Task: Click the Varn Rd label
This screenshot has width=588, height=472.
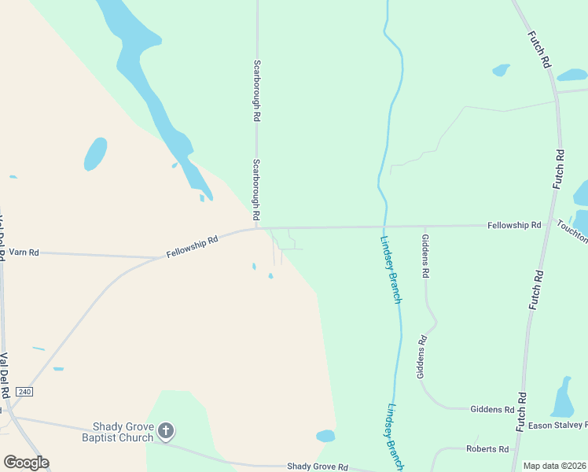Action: tap(24, 253)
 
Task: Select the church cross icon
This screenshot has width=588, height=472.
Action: tap(165, 430)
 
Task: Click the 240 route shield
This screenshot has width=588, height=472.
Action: tap(24, 392)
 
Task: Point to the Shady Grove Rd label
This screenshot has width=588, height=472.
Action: tap(317, 466)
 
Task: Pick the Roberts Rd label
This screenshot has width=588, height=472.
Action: tap(487, 448)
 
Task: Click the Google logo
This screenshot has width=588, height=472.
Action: tap(26, 462)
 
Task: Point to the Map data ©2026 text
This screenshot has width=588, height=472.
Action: tap(554, 466)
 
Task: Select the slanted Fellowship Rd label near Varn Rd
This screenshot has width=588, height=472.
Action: tap(192, 245)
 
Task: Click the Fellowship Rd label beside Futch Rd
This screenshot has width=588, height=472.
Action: tap(514, 225)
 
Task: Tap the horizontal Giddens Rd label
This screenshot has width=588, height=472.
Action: tap(492, 410)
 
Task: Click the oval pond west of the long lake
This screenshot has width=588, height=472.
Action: tap(95, 154)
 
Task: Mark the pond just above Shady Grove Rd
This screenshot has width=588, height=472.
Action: tap(325, 436)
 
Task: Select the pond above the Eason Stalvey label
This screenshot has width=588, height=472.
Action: tap(562, 398)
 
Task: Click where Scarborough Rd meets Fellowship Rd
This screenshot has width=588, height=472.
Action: tap(257, 228)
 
